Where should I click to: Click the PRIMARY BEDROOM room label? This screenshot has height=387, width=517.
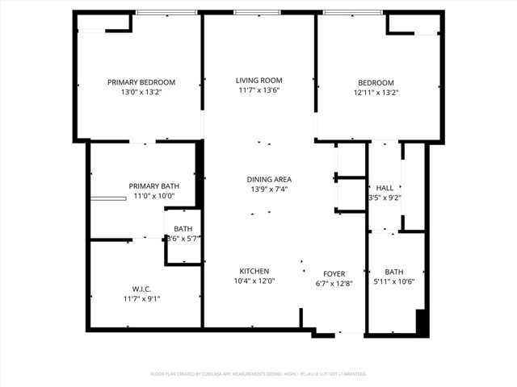pos(141,82)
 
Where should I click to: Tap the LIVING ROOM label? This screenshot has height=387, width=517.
pos(258,81)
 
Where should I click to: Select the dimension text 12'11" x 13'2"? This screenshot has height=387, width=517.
pos(376,93)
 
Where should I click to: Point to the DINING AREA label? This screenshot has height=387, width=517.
pos(269,179)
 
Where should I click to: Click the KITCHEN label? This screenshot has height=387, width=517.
pos(254,271)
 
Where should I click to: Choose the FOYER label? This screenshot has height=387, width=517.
pos(334,274)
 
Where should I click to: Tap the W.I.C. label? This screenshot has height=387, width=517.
pos(141,289)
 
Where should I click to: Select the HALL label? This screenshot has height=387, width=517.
pos(385,188)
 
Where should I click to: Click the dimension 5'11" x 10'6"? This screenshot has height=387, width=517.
pos(394,281)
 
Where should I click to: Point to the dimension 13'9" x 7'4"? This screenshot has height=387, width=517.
pos(269,189)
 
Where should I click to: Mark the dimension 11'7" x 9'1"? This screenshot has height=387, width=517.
pos(141,299)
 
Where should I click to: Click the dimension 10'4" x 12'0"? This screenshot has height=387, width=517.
pos(254,281)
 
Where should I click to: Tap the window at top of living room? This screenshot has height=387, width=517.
pos(258,13)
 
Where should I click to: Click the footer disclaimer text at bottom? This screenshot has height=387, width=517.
pos(258,374)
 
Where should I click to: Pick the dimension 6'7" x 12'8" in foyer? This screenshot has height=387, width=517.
pos(334,284)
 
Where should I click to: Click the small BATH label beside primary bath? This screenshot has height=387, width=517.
pos(183,228)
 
